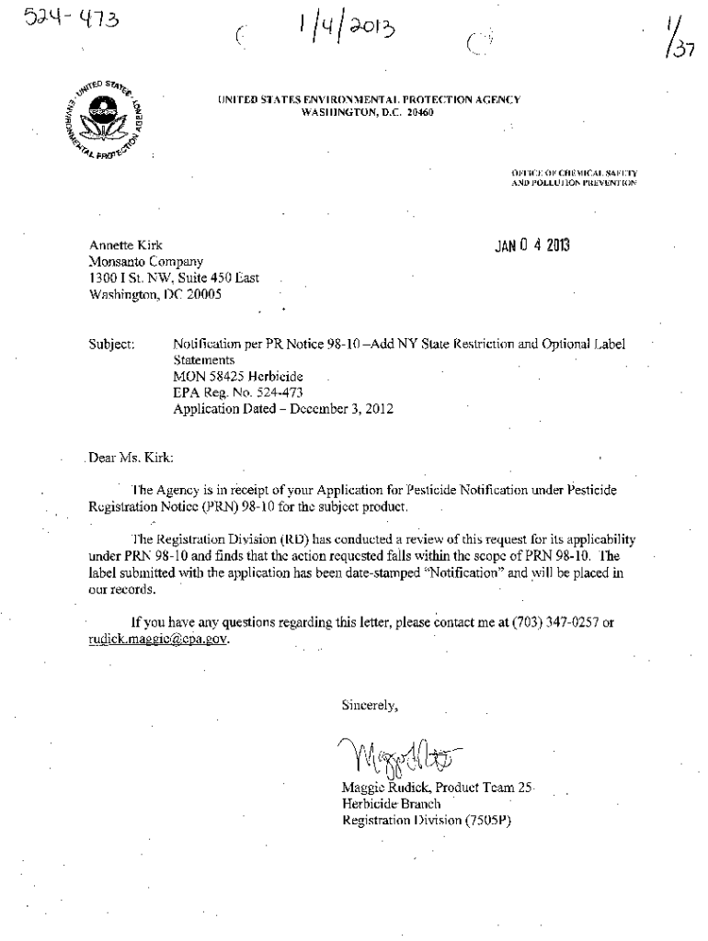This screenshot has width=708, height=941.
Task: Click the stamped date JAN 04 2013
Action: (x=531, y=245)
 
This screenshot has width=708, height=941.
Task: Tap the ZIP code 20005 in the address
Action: (x=201, y=295)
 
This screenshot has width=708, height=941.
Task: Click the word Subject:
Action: (x=111, y=345)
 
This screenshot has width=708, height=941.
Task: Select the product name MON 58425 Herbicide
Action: (x=238, y=377)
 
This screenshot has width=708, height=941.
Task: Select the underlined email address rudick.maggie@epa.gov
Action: (x=156, y=640)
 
